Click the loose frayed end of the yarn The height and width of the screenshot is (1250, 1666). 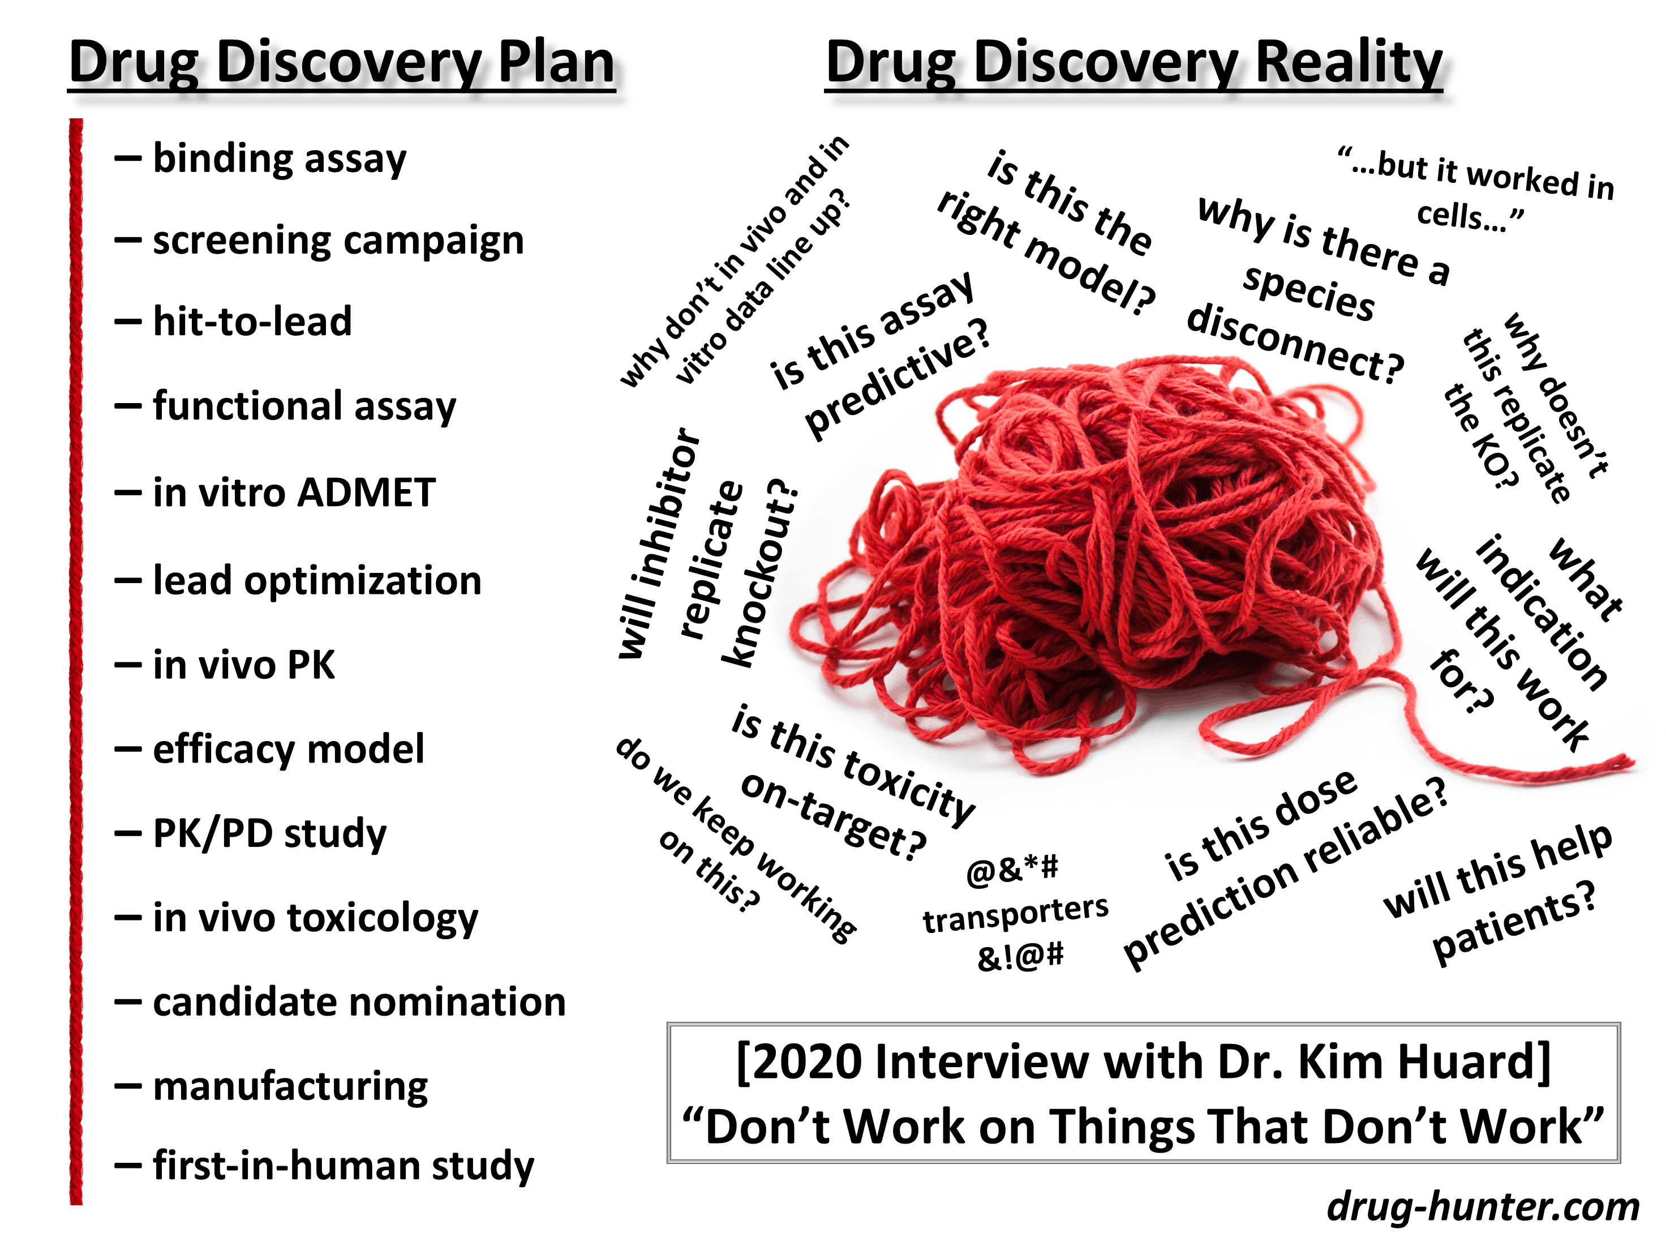tap(1630, 763)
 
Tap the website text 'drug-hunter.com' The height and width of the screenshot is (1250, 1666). tap(1483, 1207)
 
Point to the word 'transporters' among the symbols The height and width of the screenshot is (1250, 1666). tap(1015, 913)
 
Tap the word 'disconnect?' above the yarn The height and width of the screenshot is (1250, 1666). tap(1295, 344)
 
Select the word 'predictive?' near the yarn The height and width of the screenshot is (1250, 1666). tap(897, 378)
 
